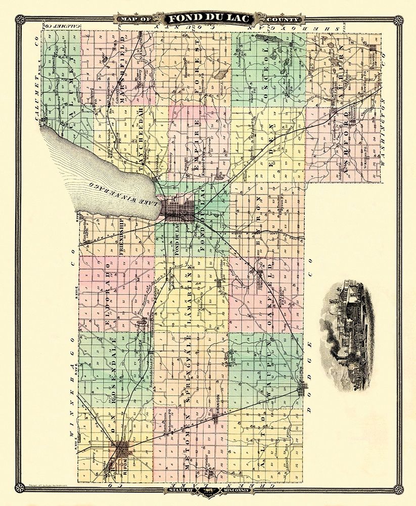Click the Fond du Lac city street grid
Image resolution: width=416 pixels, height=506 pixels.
click(179, 209)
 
